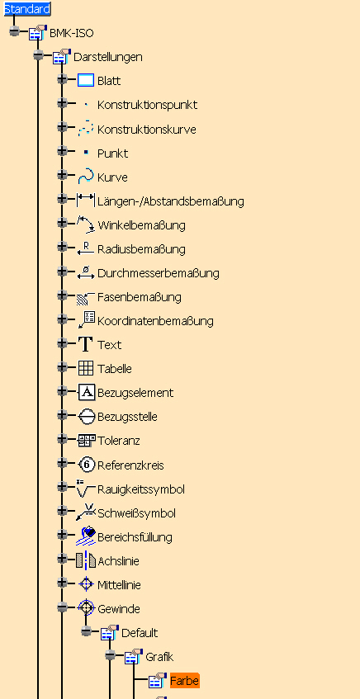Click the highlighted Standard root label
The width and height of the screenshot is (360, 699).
(27, 8)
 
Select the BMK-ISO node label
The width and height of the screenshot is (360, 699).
(72, 33)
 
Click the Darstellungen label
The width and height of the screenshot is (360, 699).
(108, 57)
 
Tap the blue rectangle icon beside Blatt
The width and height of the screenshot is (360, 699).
(86, 81)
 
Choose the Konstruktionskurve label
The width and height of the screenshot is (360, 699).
(147, 130)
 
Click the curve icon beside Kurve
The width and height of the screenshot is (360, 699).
(85, 177)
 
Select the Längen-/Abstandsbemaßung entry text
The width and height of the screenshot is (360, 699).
(171, 201)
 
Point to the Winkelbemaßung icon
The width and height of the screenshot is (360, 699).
(86, 224)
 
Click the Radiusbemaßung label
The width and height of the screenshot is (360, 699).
(141, 249)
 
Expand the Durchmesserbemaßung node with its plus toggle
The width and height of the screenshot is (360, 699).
(62, 271)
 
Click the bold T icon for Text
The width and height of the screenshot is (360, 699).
(85, 345)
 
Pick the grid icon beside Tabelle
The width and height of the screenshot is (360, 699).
(86, 368)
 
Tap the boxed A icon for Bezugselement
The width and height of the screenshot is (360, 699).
(87, 392)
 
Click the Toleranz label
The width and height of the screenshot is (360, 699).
(119, 441)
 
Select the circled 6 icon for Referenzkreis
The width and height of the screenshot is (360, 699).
(87, 465)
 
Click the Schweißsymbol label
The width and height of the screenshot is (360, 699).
(136, 513)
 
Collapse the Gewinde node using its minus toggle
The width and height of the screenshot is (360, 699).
(62, 607)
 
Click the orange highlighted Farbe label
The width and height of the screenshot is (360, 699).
(185, 681)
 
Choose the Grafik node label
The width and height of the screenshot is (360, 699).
(159, 657)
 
